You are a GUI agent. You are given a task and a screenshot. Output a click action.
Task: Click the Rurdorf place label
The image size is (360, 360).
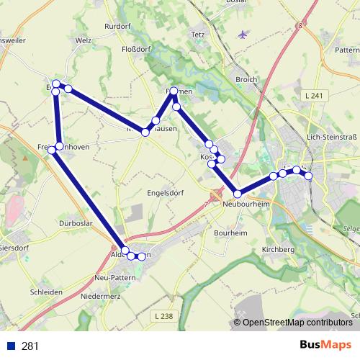[x=117, y=26]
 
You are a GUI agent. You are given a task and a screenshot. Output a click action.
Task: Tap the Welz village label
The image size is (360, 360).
[x=84, y=40]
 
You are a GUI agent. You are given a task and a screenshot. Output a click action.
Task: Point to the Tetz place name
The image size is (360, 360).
[x=198, y=34]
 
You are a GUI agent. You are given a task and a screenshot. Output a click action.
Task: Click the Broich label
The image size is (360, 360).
[x=246, y=79]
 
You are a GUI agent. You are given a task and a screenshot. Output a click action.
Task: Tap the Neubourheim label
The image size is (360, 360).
[x=246, y=204]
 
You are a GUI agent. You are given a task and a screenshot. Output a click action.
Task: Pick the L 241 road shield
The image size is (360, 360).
[x=312, y=95]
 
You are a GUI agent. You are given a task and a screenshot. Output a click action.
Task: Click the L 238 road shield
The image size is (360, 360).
[x=163, y=317]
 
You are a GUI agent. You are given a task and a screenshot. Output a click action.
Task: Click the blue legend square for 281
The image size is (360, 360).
[x=11, y=346]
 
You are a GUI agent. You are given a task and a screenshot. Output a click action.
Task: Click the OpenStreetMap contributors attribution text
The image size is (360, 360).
[x=297, y=323]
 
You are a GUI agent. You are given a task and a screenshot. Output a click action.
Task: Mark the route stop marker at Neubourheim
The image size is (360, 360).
[x=237, y=194]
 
